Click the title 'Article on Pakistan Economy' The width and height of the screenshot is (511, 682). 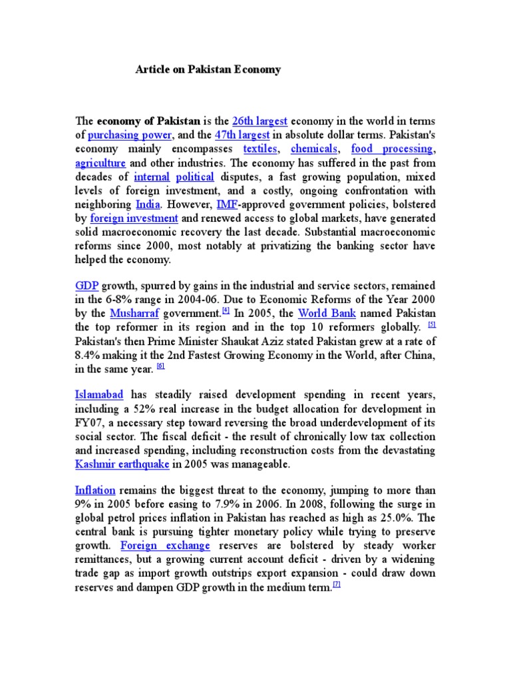208,70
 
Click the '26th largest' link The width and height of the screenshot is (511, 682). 259,121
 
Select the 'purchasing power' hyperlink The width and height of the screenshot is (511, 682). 130,135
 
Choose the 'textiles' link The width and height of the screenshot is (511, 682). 259,149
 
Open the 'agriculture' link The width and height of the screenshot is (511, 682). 100,163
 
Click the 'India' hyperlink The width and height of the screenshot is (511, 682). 148,204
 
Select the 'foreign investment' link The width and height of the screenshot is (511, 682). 134,218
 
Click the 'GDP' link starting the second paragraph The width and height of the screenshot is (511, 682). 86,285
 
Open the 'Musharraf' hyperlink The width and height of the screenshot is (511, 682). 134,313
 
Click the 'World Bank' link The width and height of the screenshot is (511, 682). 327,313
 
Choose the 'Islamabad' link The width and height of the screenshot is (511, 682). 99,395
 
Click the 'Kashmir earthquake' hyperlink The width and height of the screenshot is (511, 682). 122,464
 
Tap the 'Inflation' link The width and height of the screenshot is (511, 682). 95,490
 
